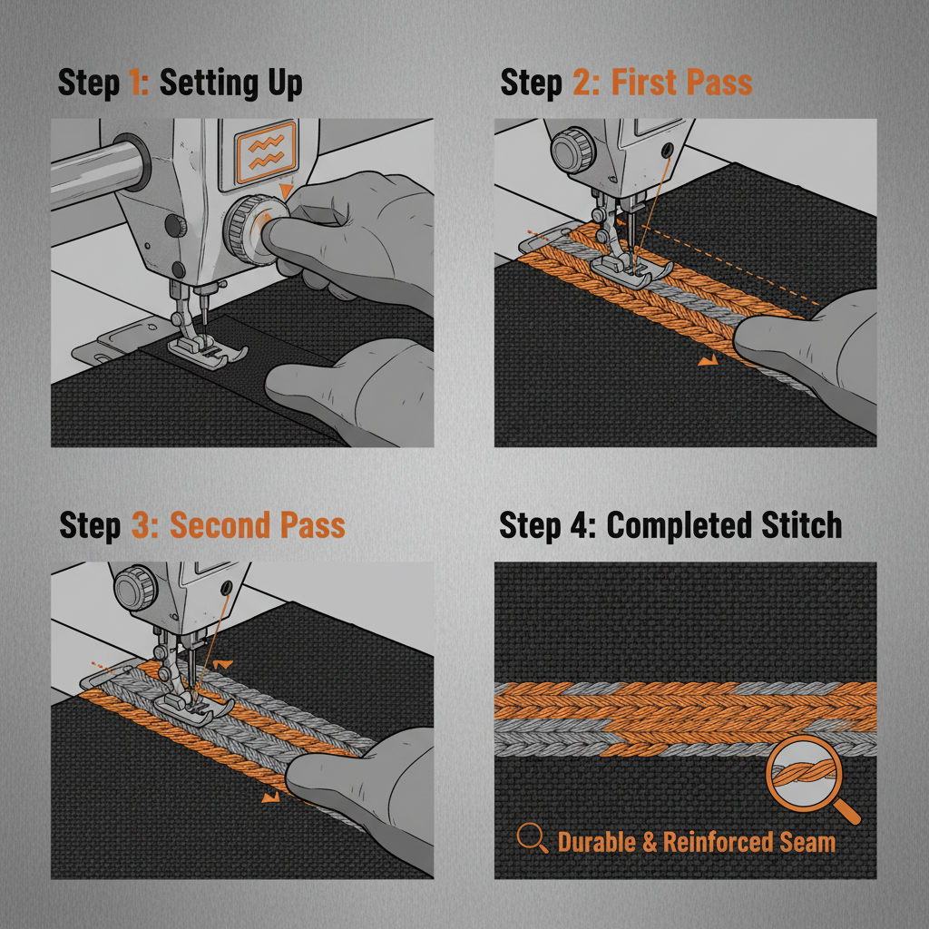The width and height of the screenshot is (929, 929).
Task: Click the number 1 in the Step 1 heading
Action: click(x=137, y=83)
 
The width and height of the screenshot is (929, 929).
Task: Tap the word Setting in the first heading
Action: click(x=200, y=84)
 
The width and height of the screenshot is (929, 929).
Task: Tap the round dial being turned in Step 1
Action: click(x=247, y=226)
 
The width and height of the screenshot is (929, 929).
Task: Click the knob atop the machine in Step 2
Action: click(x=571, y=149)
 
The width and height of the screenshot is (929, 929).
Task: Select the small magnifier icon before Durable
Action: click(x=532, y=839)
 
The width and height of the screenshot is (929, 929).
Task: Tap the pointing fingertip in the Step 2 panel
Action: click(x=748, y=340)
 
